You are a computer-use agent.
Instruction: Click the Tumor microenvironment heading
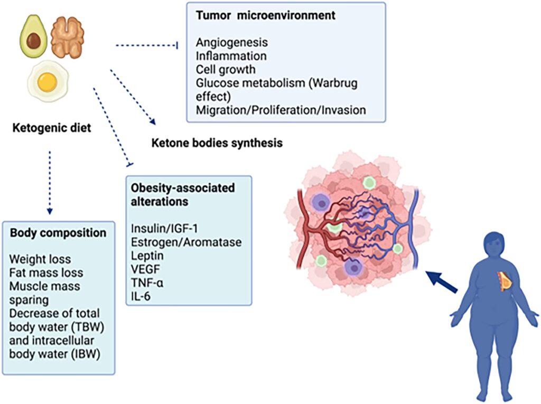pyautogui.click(x=265, y=16)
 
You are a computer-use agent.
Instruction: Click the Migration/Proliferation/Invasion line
pyautogui.click(x=280, y=110)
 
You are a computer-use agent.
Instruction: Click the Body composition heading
pyautogui.click(x=58, y=232)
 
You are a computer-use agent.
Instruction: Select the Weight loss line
pyautogui.click(x=41, y=260)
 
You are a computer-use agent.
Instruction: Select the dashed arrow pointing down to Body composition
pyautogui.click(x=50, y=182)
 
